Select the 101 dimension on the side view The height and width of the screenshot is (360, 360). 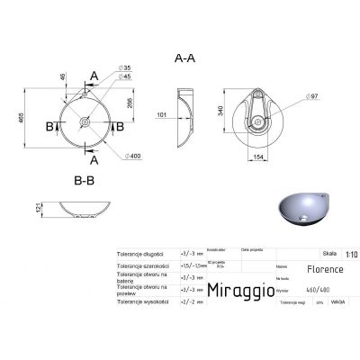[163, 114]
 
